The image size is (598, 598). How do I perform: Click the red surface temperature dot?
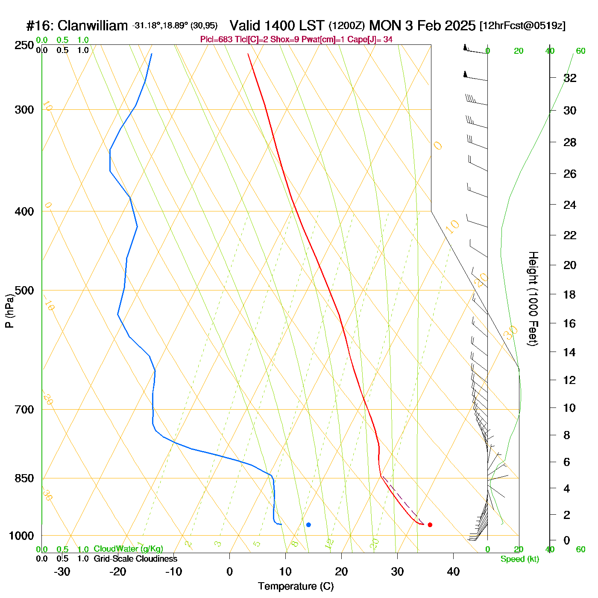430,525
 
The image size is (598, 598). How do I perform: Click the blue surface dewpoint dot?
308,525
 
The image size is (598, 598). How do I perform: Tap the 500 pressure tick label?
24,290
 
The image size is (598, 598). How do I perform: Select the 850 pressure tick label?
24,478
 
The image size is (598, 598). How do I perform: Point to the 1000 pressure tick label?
21,536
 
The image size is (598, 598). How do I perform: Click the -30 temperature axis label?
62,572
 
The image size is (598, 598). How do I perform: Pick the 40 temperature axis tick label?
453,572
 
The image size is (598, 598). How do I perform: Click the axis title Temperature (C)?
296,586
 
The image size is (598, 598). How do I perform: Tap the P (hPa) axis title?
9,311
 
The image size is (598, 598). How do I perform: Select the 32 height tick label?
570,78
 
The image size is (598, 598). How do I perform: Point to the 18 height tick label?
570,294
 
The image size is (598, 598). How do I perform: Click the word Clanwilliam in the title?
93,26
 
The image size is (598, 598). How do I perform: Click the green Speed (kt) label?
520,559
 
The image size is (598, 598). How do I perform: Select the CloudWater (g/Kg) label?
128,549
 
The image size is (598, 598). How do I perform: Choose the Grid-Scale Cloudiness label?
135,559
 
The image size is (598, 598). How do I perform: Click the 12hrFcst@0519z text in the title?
522,26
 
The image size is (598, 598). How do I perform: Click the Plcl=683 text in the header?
217,40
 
